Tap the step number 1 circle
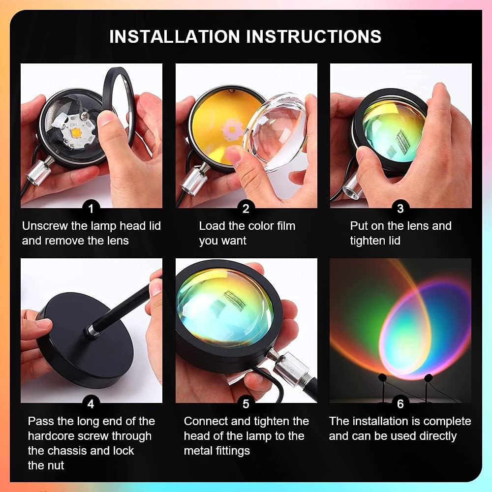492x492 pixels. click(91, 208)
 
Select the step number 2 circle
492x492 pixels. click(246, 208)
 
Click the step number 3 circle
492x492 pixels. click(400, 208)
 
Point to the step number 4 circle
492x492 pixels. click(91, 403)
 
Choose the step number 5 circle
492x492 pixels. click(246, 403)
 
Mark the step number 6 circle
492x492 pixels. click(400, 403)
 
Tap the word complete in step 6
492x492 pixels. click(447, 421)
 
